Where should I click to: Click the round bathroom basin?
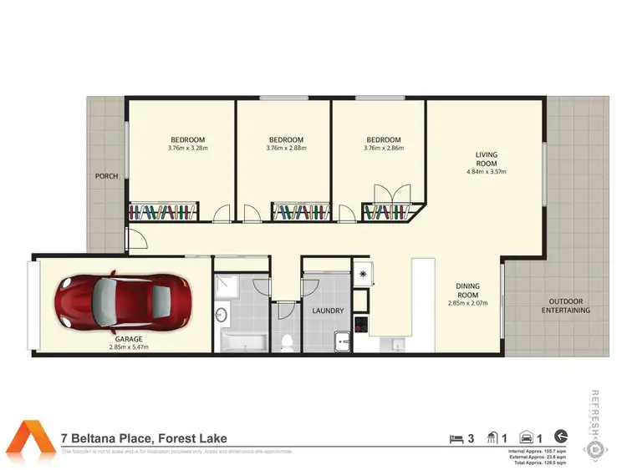click(x=222, y=315)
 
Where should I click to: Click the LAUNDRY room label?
click(x=329, y=311)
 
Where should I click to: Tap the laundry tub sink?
click(x=341, y=341)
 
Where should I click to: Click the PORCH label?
click(x=106, y=176)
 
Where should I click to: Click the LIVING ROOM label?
click(x=487, y=159)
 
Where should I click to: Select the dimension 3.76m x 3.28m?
click(x=188, y=149)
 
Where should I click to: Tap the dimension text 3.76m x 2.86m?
click(x=384, y=149)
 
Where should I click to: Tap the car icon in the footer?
click(x=527, y=437)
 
